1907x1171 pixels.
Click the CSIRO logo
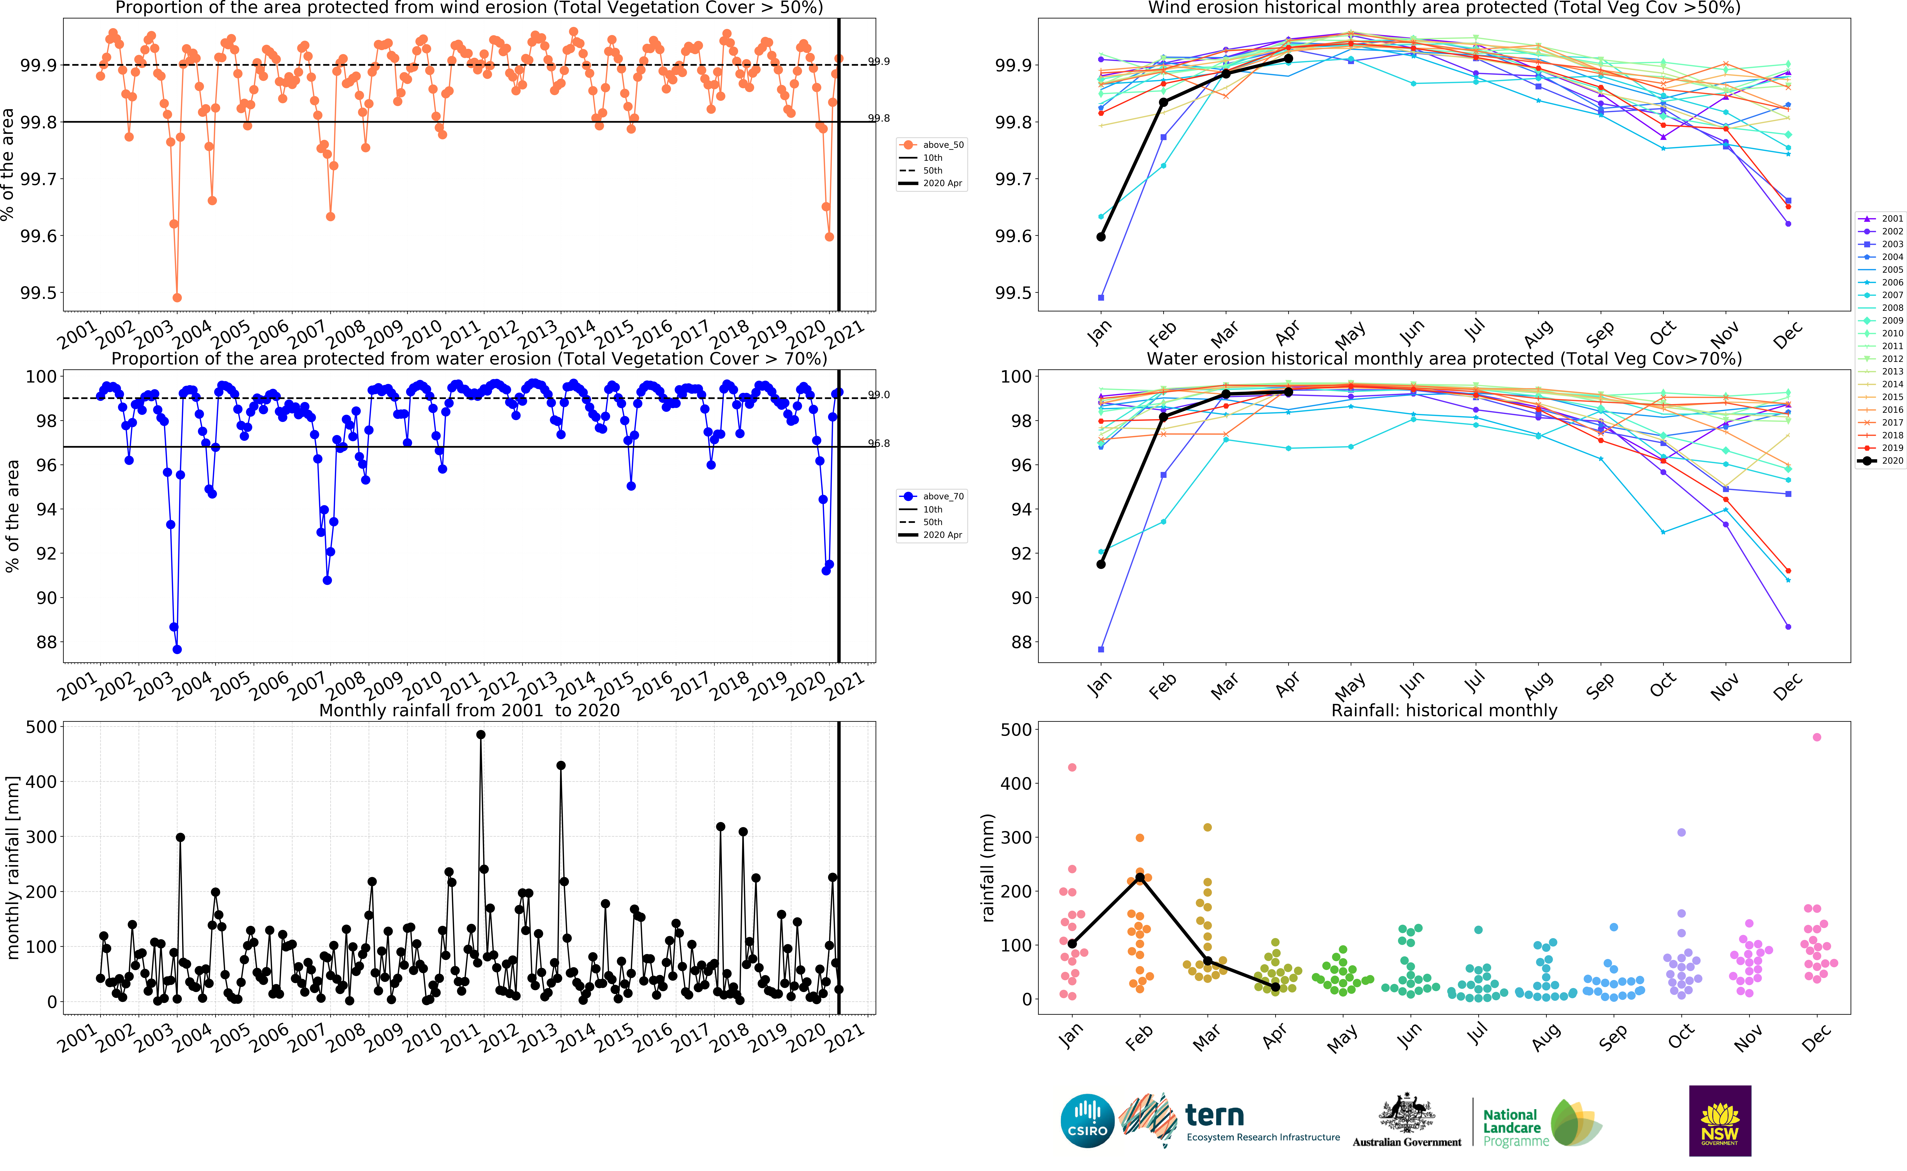[1087, 1121]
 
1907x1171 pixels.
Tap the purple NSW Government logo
[1720, 1121]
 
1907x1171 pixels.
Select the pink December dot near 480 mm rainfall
[1817, 737]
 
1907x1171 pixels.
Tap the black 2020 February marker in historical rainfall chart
[1140, 877]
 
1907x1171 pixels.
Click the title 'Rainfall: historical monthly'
[1444, 710]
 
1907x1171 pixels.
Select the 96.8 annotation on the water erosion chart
[879, 444]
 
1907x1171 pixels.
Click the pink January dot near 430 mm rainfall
[1072, 768]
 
